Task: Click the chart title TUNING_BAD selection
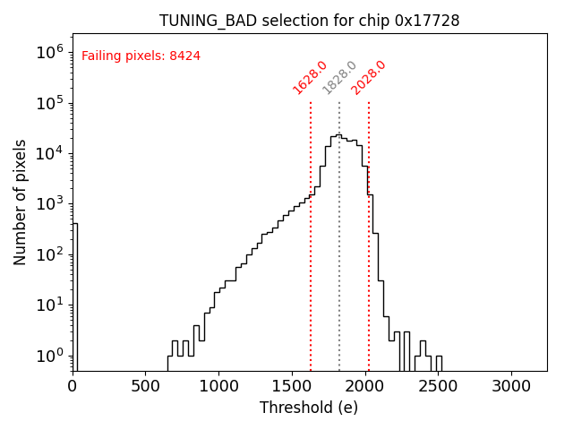309,21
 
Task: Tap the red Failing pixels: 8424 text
141,56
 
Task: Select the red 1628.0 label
310,78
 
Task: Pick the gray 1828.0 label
339,78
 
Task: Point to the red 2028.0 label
368,78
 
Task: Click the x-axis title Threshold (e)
309,408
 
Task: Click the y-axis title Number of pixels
21,202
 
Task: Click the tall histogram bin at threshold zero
75,296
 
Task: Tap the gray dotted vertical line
339,269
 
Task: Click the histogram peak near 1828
338,135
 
